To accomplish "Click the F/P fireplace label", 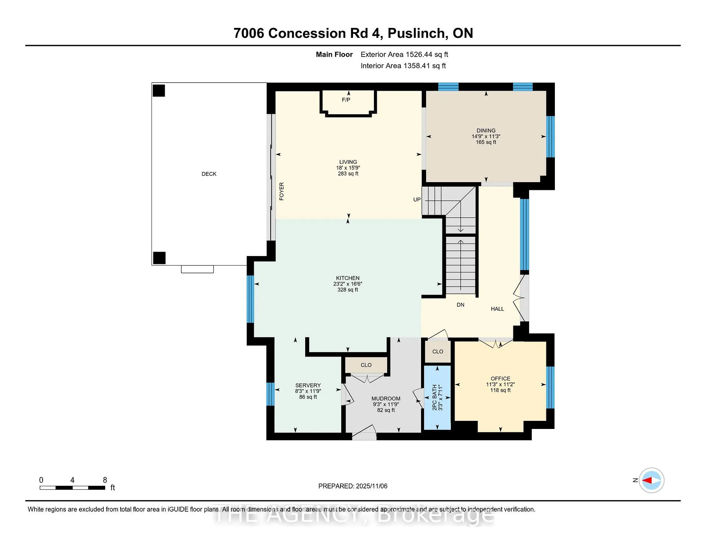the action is (x=346, y=100).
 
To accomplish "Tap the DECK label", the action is (x=209, y=174).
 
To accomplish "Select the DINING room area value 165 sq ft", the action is (x=486, y=142).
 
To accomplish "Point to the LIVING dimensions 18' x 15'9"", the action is (x=348, y=168).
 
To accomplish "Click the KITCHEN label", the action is (x=347, y=278).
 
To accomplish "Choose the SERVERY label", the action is (x=308, y=385).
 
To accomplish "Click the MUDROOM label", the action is (x=386, y=398).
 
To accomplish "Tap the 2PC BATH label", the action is (x=435, y=397).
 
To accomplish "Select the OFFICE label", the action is (x=500, y=379).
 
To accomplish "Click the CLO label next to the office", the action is (x=438, y=352).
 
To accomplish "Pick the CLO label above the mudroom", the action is (x=366, y=365).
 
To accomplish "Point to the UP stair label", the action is (x=417, y=200).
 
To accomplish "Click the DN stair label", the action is (x=460, y=305).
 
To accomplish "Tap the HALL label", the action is (x=497, y=309).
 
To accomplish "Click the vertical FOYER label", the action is (x=282, y=191).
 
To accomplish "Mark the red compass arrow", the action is (x=647, y=480).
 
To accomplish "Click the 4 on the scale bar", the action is (x=72, y=480).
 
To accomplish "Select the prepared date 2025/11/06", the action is (x=371, y=486).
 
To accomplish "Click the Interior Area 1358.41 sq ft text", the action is (x=403, y=66).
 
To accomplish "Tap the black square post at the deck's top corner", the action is (x=159, y=91).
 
